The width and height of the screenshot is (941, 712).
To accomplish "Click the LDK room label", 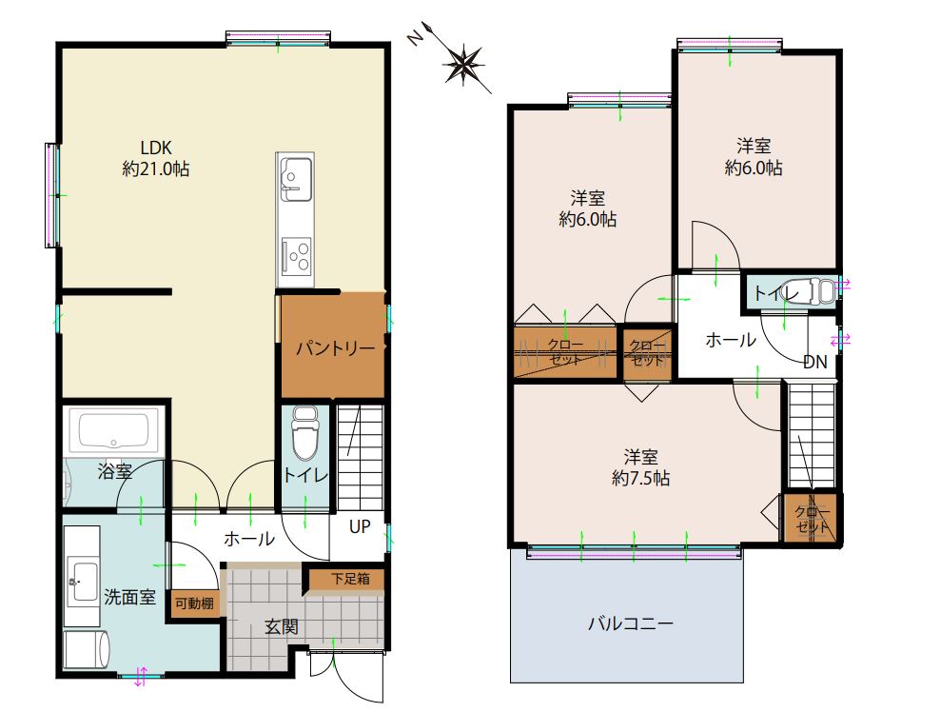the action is tap(156, 148).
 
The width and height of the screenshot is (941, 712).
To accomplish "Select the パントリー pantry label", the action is tap(336, 347).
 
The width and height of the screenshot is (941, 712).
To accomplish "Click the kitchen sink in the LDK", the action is tap(296, 178).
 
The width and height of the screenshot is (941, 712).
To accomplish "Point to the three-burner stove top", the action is tap(296, 255).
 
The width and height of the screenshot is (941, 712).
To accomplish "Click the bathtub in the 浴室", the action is tap(114, 430).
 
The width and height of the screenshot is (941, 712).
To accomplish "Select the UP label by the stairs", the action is tap(360, 526).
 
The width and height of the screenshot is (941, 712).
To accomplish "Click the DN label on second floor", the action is tap(815, 362).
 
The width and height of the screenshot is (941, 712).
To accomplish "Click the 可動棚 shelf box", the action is tap(194, 603).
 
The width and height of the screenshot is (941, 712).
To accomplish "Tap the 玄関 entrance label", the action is tap(282, 627).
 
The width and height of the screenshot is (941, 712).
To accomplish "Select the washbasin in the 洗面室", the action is tap(82, 581).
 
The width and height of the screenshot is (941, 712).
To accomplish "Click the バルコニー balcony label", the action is tap(630, 623).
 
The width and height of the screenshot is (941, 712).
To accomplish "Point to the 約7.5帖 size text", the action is tap(640, 479).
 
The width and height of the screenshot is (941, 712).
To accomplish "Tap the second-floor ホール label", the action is tap(731, 340).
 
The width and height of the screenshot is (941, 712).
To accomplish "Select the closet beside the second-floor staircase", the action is tap(812, 518).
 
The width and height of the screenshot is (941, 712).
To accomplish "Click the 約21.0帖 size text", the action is tap(156, 169).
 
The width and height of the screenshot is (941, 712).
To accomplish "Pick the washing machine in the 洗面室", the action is tap(87, 649).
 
